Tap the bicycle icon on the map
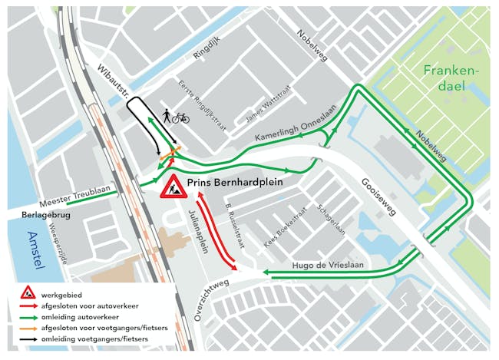click(180, 117)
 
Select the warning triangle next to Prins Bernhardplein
click(171, 187)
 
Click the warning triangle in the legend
click(28, 292)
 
